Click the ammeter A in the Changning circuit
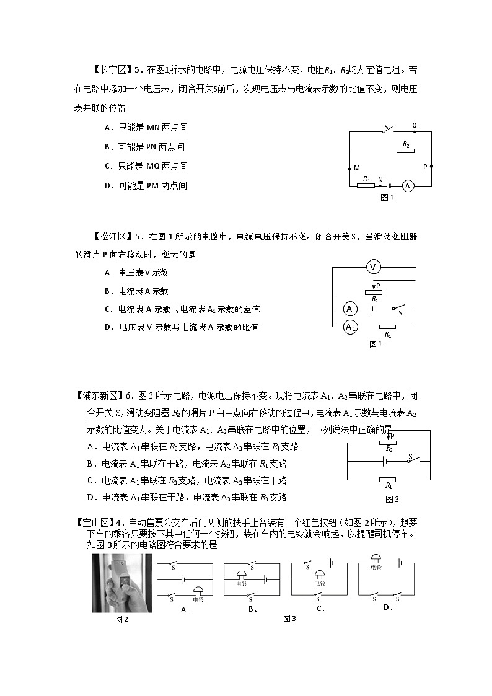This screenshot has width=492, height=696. (x=407, y=185)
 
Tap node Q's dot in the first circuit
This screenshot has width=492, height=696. (x=414, y=131)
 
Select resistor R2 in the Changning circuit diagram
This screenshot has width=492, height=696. (x=405, y=151)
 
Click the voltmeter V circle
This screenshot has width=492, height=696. (x=373, y=267)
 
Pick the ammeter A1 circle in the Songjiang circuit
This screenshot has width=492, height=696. (x=350, y=327)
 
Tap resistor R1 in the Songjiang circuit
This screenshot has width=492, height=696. (x=387, y=327)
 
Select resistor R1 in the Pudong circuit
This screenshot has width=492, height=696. (x=387, y=479)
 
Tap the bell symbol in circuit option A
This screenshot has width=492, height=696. (x=198, y=592)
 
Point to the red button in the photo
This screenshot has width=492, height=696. (x=125, y=581)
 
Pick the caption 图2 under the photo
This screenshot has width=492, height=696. (x=122, y=619)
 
